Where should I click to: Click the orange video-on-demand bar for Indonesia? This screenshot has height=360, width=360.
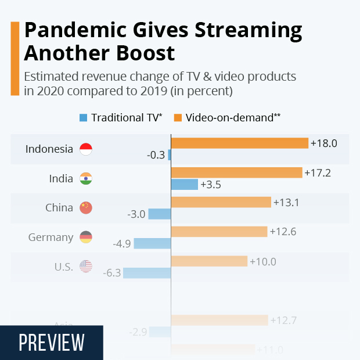239,143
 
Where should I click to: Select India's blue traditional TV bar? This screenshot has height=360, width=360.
185,185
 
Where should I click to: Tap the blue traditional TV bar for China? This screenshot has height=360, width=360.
159,214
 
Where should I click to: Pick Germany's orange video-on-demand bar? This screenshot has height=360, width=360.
219,231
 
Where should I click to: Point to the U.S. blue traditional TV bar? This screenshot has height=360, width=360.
146,272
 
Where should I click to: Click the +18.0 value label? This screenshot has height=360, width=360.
324,143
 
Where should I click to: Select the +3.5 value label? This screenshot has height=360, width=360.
210,185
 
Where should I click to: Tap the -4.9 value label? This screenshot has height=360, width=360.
122,243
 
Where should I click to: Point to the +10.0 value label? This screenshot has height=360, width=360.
263,261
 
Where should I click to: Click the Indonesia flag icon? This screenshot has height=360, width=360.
85,149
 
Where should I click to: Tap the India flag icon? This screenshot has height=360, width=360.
85,178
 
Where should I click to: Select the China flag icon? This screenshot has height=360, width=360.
85,208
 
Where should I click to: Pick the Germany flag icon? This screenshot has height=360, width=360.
85,237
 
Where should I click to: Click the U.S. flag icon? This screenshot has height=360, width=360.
85,267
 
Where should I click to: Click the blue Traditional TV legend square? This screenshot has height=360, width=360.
83,118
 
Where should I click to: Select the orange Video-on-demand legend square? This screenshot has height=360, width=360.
178,118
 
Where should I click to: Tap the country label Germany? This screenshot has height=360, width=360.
51,237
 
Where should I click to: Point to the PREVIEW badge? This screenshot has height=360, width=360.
52,343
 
